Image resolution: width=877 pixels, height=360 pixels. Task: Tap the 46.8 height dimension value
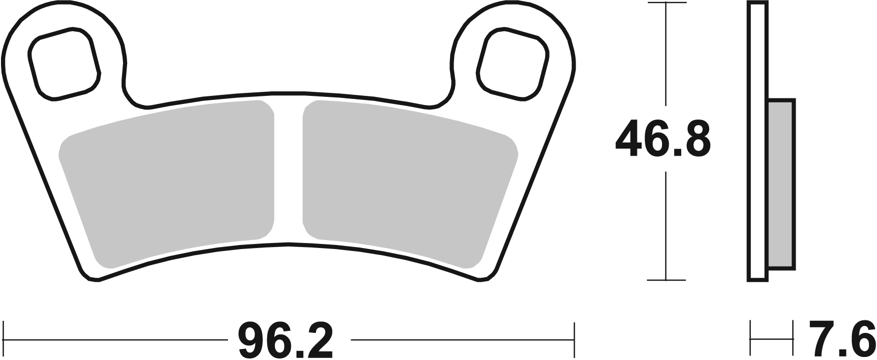click(663, 139)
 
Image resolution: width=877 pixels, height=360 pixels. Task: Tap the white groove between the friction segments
click(289, 171)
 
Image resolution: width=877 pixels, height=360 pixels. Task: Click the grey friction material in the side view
click(781, 191)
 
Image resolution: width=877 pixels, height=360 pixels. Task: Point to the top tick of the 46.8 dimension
click(666, 3)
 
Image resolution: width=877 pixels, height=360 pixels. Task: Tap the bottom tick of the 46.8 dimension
click(666, 280)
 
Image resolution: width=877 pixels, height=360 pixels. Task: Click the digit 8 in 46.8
click(696, 139)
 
